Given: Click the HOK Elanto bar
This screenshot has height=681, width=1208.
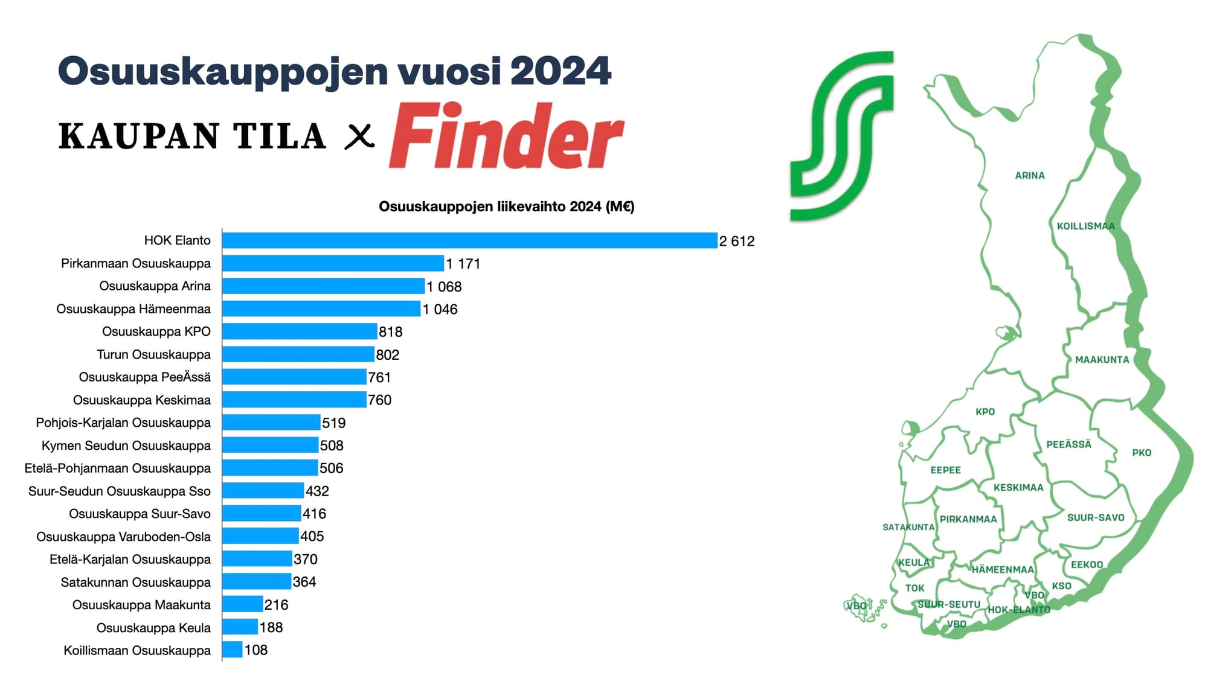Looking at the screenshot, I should (x=469, y=240).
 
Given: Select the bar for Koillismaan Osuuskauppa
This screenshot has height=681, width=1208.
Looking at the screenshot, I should (x=233, y=650).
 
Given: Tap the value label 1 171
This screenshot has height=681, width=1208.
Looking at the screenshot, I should (x=463, y=264).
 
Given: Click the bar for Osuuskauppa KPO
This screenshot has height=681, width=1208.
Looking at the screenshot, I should (x=300, y=331).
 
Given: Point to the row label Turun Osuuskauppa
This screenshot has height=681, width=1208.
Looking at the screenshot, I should (x=153, y=354).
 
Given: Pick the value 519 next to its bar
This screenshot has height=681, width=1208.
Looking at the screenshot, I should (x=333, y=423).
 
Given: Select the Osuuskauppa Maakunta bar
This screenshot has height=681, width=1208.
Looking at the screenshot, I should (x=242, y=604).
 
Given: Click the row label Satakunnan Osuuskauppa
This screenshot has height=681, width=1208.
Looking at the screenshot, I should (x=135, y=582).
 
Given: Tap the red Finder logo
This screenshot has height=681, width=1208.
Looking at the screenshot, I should (x=506, y=136).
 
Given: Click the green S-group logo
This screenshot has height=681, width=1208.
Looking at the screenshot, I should (x=842, y=136).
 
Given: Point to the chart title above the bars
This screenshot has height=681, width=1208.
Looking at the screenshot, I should (x=506, y=206).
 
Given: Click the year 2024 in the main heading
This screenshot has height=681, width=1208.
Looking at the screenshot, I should (x=561, y=71).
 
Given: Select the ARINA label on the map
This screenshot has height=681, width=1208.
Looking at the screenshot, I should (x=1029, y=176).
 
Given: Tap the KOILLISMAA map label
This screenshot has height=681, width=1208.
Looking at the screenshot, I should (x=1085, y=226).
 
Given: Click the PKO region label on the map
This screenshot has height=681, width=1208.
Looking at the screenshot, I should (x=1141, y=453).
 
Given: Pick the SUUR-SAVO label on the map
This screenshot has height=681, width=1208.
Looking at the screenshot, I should (x=1095, y=517).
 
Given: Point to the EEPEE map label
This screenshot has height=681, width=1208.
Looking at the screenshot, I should (x=945, y=470).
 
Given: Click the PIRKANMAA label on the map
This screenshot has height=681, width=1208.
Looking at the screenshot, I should (x=968, y=519).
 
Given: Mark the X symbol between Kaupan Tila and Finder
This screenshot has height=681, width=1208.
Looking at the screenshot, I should (x=359, y=136).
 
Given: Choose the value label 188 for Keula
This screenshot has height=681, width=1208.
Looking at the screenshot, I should (x=271, y=627).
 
